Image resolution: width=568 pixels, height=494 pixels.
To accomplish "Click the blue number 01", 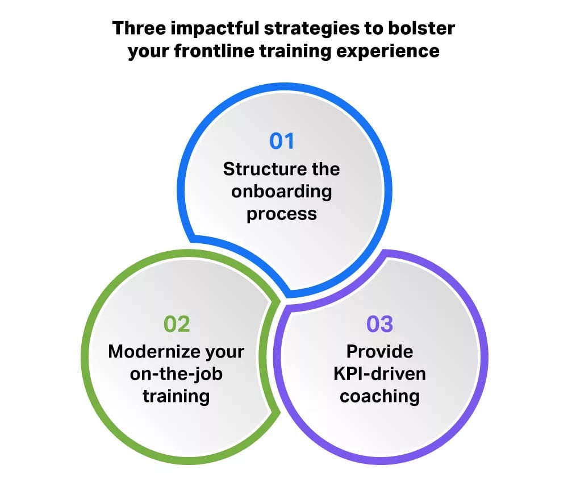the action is coord(282,141).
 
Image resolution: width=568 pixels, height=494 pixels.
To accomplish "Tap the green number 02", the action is coord(177,323).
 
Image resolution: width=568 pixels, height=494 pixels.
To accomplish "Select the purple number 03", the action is coord(379,323).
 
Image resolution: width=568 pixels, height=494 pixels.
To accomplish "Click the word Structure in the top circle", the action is coord(260,169).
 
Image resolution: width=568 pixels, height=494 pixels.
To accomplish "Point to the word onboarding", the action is coord(282,192).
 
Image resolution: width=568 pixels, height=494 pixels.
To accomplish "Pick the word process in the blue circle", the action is coord(282,214).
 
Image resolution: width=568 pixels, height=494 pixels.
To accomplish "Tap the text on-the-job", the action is coord(177,373).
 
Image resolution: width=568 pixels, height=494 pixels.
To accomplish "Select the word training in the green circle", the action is coord(177,396).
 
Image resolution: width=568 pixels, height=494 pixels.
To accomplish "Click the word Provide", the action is coord(379,351).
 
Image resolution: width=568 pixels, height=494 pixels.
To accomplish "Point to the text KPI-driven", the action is coord(379,373).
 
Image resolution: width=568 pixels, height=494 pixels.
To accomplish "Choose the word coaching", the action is coord(379,396).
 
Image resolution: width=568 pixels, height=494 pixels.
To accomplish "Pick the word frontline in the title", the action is coord(215,51).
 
